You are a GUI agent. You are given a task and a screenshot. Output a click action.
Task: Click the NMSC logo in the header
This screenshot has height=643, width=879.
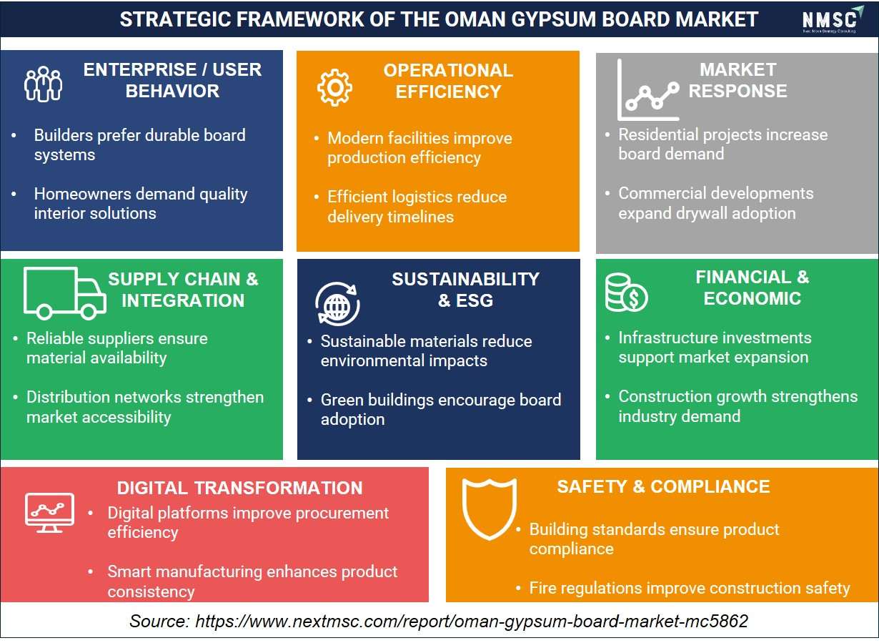(x=833, y=19)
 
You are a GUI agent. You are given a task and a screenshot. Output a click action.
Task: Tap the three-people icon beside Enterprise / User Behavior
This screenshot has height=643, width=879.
(x=43, y=84)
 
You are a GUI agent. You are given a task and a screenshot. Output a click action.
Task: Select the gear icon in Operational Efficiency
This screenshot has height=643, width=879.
(x=334, y=87)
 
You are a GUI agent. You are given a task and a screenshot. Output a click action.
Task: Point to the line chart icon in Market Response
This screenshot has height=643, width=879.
(x=648, y=90)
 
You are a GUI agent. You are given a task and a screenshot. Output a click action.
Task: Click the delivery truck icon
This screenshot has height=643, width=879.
(x=65, y=293)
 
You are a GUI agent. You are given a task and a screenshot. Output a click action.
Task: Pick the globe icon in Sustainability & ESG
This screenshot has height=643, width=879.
(x=337, y=304)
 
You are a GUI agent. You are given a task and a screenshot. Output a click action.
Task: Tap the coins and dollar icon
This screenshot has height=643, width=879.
(x=626, y=293)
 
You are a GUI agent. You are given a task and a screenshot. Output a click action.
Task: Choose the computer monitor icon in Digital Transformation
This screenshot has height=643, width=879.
(x=49, y=512)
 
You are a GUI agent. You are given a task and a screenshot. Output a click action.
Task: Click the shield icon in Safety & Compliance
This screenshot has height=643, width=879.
(x=490, y=509)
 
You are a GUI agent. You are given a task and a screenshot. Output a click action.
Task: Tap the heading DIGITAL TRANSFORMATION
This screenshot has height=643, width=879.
(x=240, y=488)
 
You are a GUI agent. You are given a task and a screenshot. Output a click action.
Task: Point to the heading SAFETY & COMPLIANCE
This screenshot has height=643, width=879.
(x=663, y=486)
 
